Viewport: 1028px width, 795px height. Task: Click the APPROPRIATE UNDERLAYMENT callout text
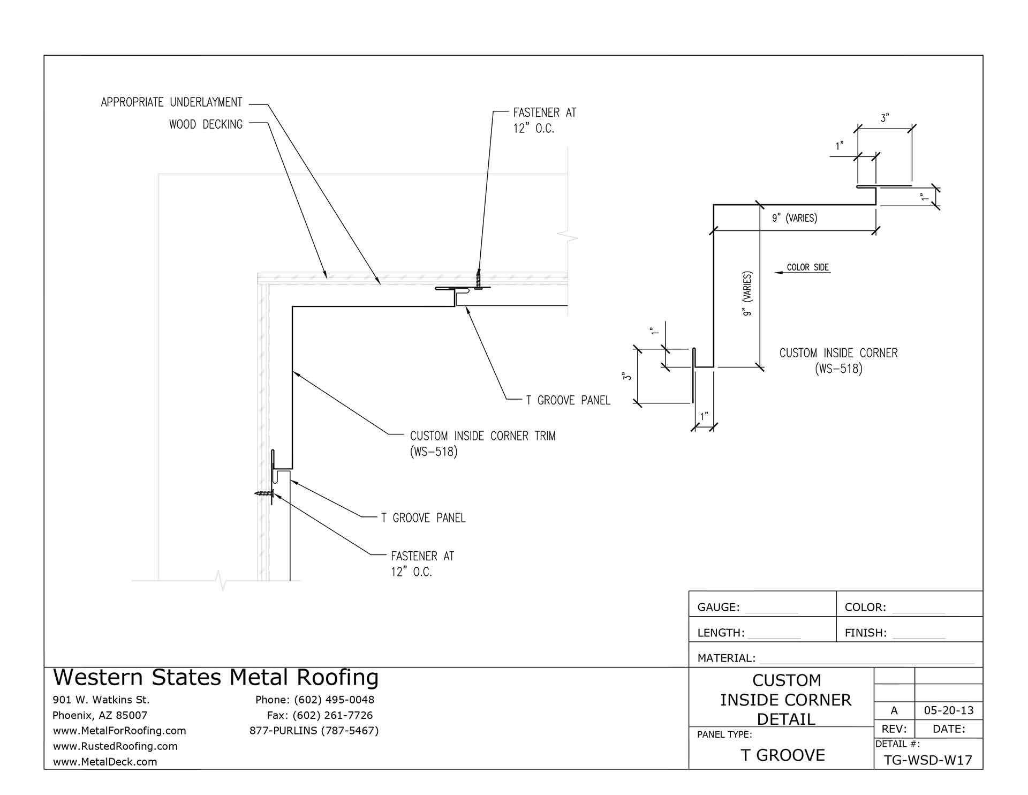171,102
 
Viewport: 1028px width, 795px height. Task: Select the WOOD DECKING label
206,124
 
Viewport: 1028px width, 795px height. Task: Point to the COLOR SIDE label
807,267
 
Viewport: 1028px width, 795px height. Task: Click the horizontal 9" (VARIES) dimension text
794,218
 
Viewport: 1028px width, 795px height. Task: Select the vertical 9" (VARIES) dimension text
748,293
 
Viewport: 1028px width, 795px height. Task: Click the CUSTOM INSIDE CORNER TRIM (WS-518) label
482,443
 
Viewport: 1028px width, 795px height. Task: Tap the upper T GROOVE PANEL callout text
568,400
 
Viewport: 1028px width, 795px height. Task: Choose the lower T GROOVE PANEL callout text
423,518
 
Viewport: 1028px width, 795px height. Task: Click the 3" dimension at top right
885,118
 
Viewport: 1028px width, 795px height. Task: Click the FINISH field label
865,633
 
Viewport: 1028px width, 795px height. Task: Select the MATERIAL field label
726,658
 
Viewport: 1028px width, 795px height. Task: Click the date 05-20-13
949,710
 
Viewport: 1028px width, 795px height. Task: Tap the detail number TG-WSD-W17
928,760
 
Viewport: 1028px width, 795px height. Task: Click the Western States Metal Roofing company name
216,677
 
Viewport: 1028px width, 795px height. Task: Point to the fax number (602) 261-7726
320,715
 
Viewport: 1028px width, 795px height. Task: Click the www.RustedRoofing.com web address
115,746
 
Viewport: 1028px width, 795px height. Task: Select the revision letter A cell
894,710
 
